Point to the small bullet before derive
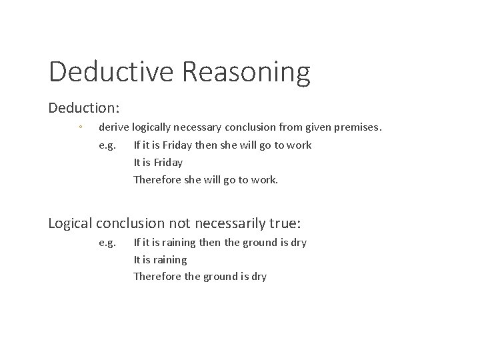point(79,127)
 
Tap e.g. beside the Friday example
point(107,145)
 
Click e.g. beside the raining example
point(107,243)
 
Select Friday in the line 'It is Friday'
point(168,162)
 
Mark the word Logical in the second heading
point(71,223)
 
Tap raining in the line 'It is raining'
point(169,259)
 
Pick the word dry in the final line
point(258,276)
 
